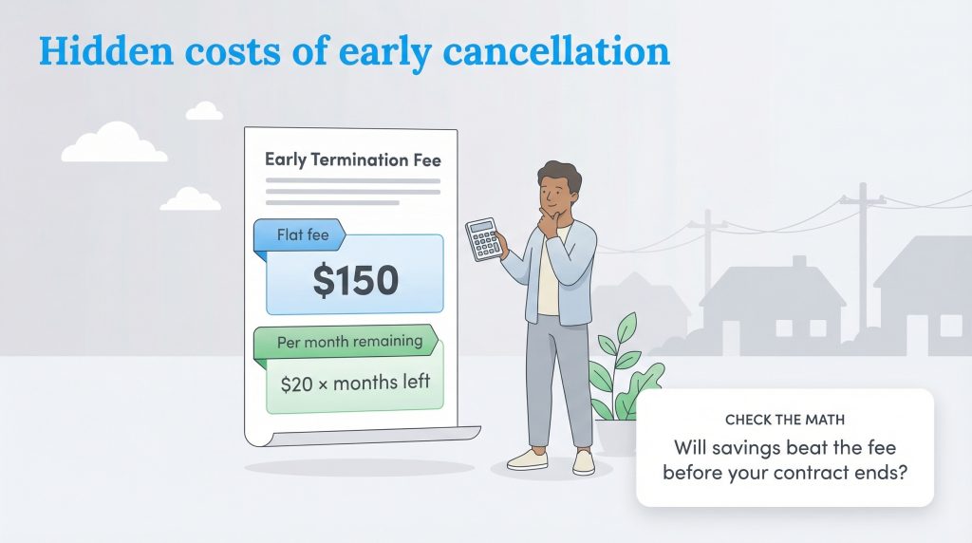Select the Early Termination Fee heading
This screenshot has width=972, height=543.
pos(352,159)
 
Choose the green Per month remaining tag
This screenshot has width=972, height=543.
pos(346,342)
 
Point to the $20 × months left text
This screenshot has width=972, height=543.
pos(355,384)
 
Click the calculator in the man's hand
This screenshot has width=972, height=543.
pos(482,239)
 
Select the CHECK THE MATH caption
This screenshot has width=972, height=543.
pos(784,419)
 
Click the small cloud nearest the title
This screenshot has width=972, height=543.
pos(204,111)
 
